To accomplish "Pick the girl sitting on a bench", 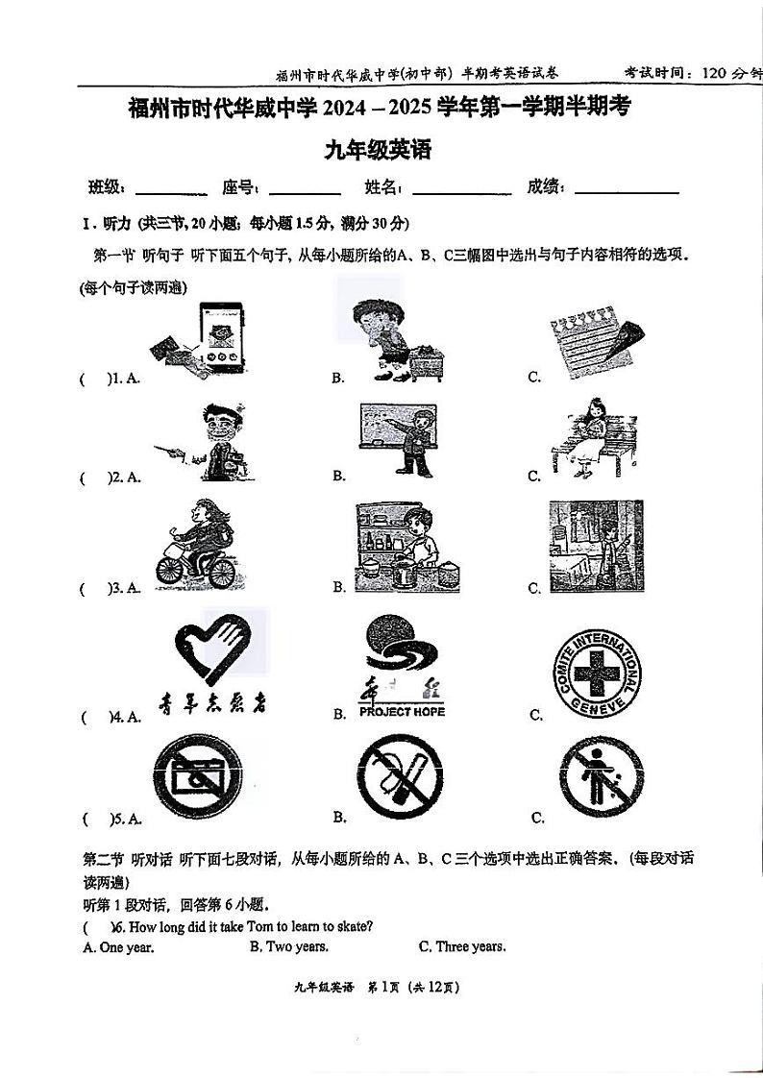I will (x=589, y=439).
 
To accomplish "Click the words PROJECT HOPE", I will (x=402, y=712).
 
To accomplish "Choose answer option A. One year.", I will (x=118, y=947).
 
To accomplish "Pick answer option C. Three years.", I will (x=461, y=946).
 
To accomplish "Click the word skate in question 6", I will (x=352, y=926).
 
